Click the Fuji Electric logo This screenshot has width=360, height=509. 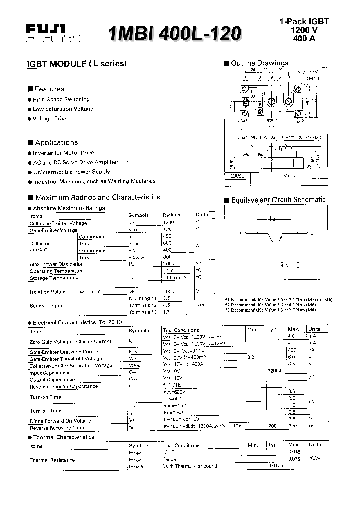[56, 33]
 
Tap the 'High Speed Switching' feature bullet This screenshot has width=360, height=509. [61, 99]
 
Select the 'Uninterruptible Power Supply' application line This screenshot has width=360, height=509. [71, 172]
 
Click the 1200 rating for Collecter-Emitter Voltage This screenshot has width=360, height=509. [169, 222]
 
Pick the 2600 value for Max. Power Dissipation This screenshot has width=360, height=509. [169, 263]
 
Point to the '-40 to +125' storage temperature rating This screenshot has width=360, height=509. [176, 277]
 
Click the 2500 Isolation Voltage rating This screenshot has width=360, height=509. [169, 291]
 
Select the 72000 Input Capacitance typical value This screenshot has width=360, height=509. [274, 371]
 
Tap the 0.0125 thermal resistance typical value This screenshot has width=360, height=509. [275, 465]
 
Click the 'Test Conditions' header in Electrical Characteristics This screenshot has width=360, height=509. [181, 330]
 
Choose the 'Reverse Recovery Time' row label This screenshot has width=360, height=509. [57, 428]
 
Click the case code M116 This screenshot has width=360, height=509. [289, 176]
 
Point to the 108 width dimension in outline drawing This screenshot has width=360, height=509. [271, 127]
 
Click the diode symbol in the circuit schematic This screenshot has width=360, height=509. [272, 219]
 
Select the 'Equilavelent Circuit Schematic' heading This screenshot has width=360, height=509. [278, 200]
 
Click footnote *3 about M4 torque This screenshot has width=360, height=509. [270, 310]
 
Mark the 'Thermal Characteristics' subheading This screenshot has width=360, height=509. [64, 437]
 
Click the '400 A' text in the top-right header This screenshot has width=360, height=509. [304, 38]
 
